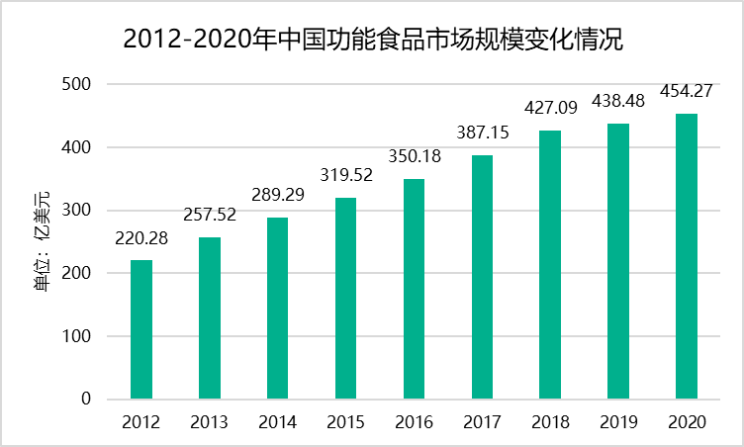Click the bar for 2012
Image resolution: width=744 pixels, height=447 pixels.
pyautogui.click(x=141, y=329)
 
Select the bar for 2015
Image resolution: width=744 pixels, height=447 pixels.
pyautogui.click(x=345, y=299)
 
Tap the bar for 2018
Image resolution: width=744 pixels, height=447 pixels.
pyautogui.click(x=550, y=265)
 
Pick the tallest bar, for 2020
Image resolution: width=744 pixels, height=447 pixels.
pyautogui.click(x=686, y=256)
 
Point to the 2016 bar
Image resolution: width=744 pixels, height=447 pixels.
pyautogui.click(x=414, y=289)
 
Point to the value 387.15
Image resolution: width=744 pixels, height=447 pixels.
pyautogui.click(x=482, y=132)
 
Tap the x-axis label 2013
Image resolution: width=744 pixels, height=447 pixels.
pyautogui.click(x=210, y=422)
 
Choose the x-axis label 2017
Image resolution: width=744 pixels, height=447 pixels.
pyautogui.click(x=482, y=422)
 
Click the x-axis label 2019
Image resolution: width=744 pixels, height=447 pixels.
pyautogui.click(x=617, y=422)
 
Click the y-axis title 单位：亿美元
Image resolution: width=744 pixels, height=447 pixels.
pyautogui.click(x=43, y=241)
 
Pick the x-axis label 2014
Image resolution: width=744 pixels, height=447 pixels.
pyautogui.click(x=278, y=422)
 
